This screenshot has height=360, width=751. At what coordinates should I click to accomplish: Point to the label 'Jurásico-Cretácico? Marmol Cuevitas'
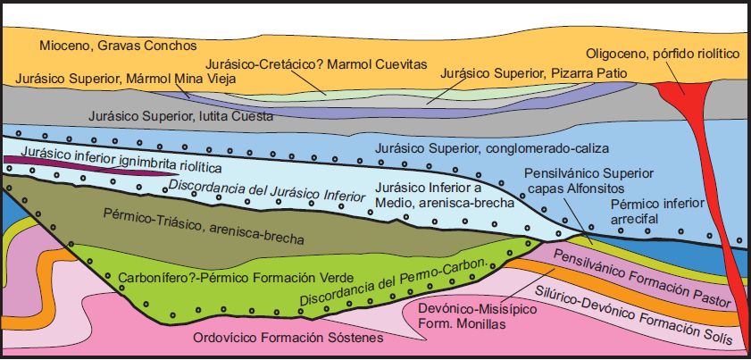[x=316, y=64]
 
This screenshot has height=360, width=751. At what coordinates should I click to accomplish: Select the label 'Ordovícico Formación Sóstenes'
[x=288, y=339]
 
